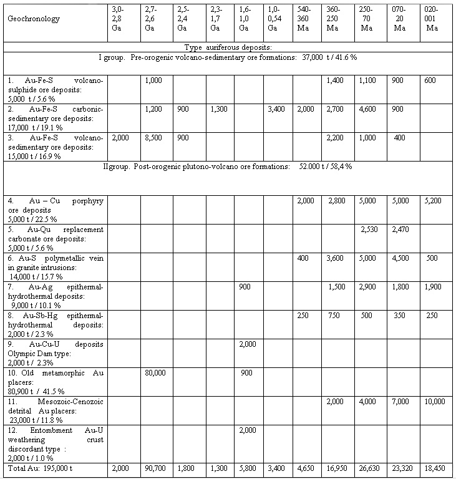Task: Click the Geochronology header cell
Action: (34, 19)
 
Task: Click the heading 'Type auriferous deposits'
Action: (227, 47)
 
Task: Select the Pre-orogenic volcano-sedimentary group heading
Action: (227, 57)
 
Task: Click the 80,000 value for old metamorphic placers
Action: (154, 373)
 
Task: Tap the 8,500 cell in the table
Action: (154, 138)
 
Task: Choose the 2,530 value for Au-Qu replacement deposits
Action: (369, 230)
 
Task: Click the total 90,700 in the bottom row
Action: (154, 468)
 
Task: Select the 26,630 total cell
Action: (369, 468)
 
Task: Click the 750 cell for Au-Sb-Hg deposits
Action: (334, 316)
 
